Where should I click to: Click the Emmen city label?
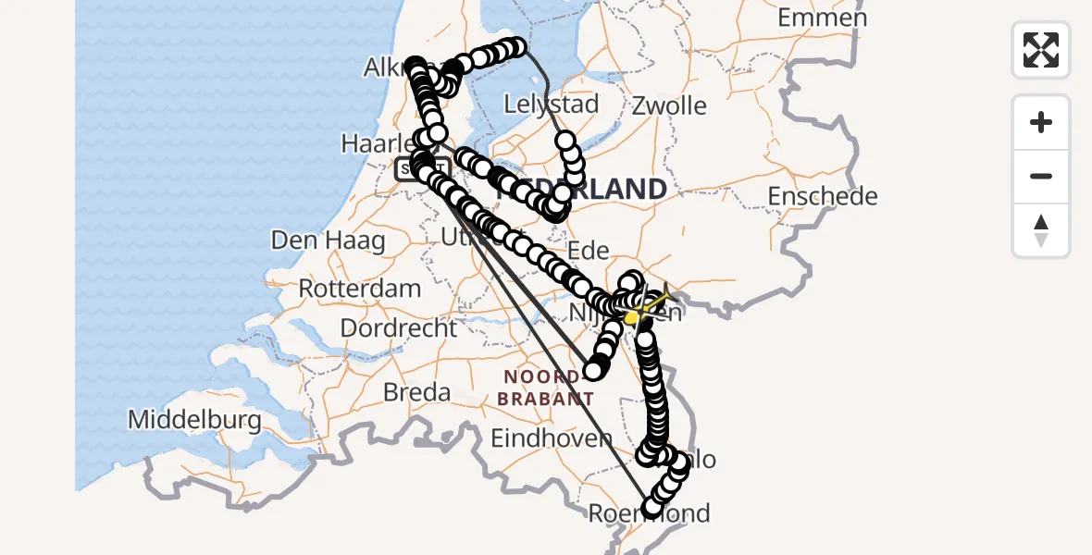pos(822,18)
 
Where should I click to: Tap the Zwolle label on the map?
pos(669,105)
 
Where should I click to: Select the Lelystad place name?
pos(552,103)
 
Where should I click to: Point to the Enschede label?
pos(822,196)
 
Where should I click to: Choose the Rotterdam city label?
pos(360,288)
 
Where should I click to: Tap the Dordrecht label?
pos(399,327)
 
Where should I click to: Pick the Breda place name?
pos(416,392)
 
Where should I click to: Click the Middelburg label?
pos(194,420)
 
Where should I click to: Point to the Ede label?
pos(588,250)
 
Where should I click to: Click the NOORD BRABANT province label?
pos(545,388)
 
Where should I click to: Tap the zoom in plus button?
pos(1041,122)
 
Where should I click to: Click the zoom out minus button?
pos(1041,176)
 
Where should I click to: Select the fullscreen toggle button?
pos(1041,50)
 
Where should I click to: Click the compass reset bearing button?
pos(1041,230)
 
